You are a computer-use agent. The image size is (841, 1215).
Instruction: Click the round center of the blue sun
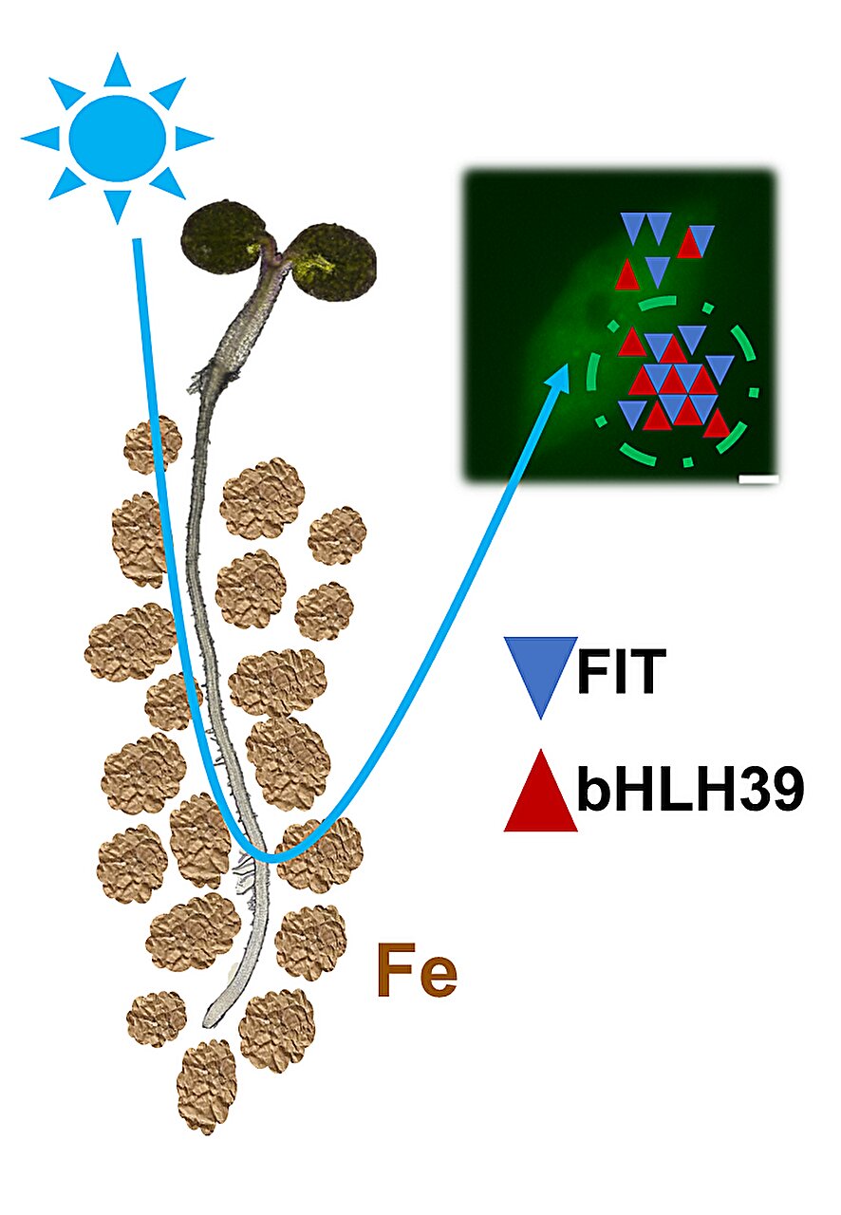coord(117,139)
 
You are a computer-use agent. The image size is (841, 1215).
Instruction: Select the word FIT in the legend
coord(621,671)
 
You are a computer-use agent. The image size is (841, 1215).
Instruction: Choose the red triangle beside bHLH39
coord(540,791)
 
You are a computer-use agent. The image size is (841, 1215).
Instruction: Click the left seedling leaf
coord(222,234)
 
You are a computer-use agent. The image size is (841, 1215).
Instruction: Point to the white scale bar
coord(758,479)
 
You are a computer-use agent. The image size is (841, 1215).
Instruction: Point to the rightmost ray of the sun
coord(193,139)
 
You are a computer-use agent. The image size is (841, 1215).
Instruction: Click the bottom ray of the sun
coord(117,206)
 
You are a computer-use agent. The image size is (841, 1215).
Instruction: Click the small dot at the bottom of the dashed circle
coord(688,462)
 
